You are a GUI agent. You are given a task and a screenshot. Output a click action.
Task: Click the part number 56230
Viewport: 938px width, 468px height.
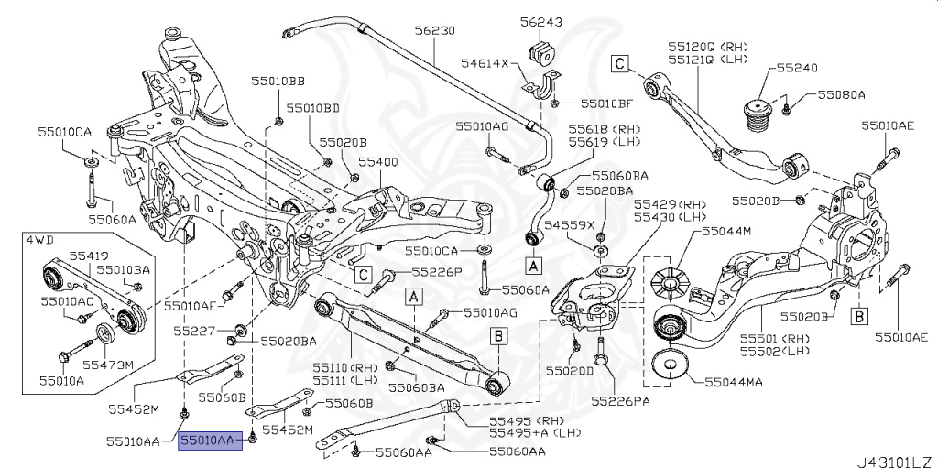point(434,31)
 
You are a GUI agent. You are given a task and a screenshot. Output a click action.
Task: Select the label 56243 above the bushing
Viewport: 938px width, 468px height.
point(541,21)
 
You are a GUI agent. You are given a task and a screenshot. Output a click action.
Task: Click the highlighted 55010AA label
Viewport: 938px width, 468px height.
point(210,441)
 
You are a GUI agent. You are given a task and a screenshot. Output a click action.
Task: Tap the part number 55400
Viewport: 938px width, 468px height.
point(377,160)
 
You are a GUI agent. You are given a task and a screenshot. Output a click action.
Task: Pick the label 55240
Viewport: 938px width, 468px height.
point(797,68)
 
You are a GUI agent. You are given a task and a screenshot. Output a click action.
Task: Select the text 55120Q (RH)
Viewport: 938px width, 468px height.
point(707,45)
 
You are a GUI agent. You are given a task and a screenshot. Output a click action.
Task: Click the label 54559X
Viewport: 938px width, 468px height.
point(570,224)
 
